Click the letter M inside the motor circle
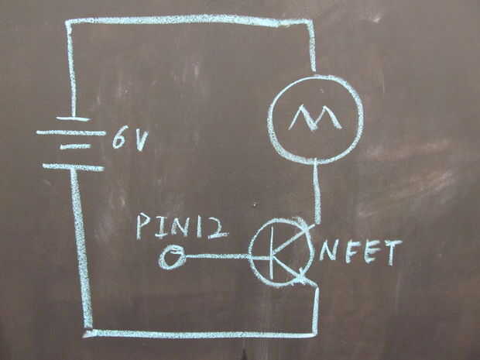314,118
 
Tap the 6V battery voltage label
131,139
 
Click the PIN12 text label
181,226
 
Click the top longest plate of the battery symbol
70,132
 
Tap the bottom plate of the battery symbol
73,166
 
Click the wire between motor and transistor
317,190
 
